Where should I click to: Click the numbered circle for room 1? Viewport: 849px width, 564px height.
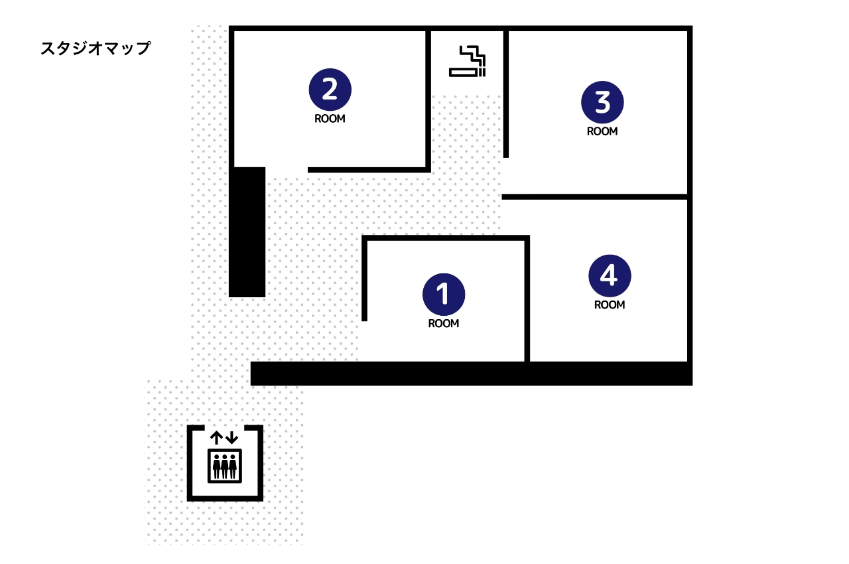click(444, 295)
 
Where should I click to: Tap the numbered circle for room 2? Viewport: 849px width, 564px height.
click(330, 90)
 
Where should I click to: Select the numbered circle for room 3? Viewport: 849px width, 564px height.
click(602, 102)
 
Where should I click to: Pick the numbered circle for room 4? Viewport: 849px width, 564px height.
click(610, 275)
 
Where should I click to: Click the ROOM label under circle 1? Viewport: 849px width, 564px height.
click(444, 323)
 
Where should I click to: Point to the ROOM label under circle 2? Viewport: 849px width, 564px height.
click(330, 119)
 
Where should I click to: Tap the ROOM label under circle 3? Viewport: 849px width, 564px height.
click(602, 131)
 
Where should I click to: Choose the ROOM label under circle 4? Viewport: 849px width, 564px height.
click(610, 305)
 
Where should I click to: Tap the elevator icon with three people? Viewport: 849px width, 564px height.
click(225, 466)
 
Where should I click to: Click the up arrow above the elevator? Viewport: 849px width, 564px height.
click(216, 438)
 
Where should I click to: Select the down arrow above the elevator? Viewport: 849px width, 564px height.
click(231, 438)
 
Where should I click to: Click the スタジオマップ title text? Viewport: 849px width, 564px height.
click(96, 48)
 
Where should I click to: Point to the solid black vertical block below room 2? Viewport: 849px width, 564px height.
click(247, 232)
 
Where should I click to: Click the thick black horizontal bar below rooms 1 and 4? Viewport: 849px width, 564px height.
click(472, 374)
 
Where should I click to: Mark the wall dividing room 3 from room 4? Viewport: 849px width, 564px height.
click(595, 196)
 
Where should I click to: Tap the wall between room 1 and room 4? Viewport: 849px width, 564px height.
click(527, 299)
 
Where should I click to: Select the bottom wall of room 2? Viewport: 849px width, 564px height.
click(369, 170)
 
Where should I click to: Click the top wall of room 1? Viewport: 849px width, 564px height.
click(446, 238)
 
